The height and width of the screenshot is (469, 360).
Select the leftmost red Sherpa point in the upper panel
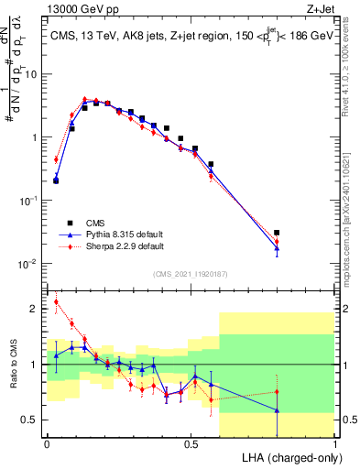click(x=56, y=159)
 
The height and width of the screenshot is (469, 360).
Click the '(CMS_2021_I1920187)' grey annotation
click(x=191, y=274)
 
